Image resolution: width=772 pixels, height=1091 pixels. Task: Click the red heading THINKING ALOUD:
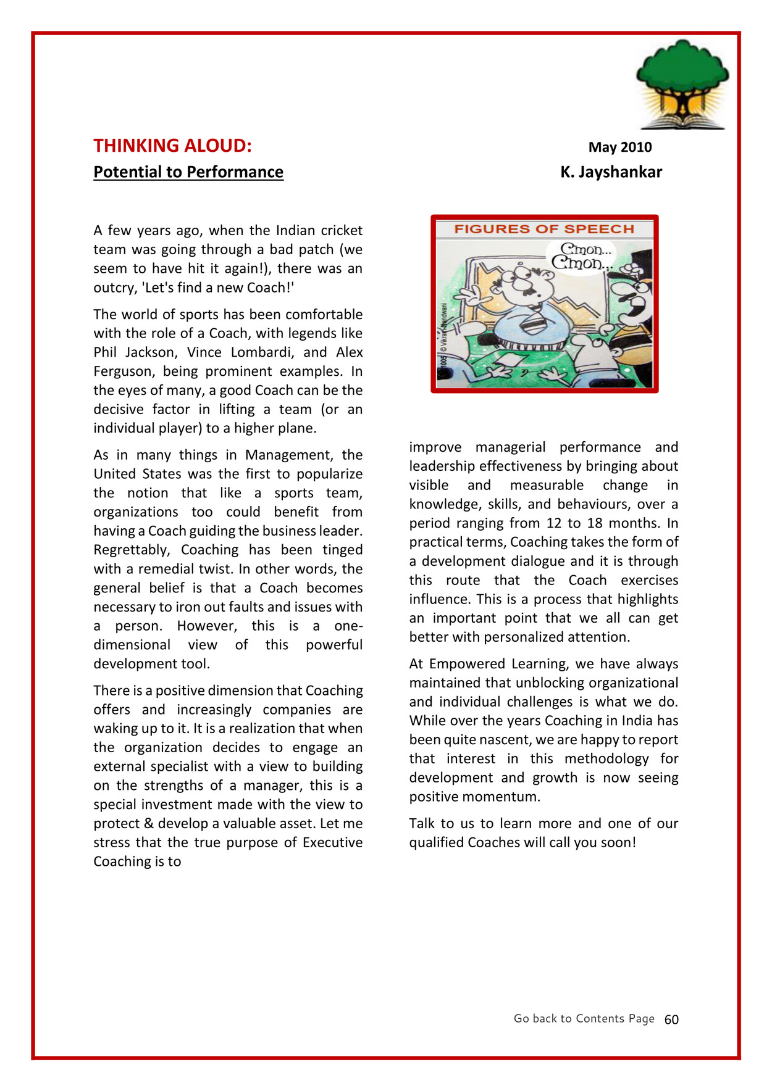click(172, 146)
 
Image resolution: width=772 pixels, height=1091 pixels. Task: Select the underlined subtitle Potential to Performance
click(188, 172)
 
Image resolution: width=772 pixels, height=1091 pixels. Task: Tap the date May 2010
click(619, 147)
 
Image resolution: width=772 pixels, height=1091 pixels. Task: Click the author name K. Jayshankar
click(611, 172)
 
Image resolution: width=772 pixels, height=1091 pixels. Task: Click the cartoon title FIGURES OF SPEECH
click(544, 229)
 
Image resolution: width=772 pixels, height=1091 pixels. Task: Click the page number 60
click(671, 1019)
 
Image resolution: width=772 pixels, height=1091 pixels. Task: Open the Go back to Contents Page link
click(584, 1018)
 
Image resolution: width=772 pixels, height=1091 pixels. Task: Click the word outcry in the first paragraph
click(114, 288)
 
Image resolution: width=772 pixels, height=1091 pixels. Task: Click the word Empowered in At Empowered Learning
click(466, 664)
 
